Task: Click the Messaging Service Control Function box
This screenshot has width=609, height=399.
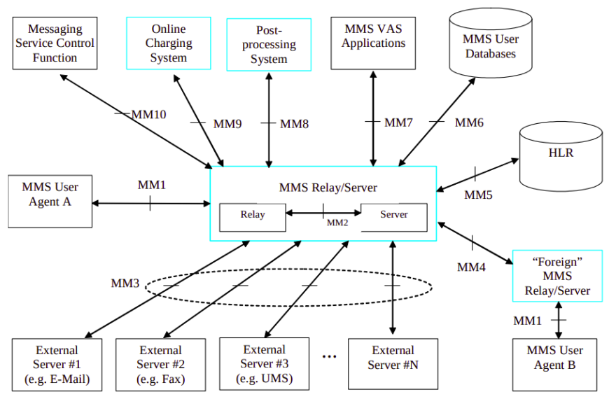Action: (55, 43)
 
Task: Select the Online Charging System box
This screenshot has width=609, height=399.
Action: (168, 43)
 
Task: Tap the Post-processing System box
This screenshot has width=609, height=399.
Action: (268, 45)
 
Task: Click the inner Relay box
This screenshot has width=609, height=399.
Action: (252, 216)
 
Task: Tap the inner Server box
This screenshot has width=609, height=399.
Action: (393, 216)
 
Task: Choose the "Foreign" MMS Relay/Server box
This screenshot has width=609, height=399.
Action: (556, 276)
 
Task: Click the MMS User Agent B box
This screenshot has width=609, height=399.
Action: (554, 364)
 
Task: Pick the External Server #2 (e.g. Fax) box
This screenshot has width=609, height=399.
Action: (160, 365)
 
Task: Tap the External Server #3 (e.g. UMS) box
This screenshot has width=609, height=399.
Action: (265, 363)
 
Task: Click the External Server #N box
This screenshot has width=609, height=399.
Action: (393, 363)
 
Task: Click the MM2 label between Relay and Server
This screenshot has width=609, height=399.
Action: (337, 223)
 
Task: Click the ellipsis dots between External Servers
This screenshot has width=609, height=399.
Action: (329, 357)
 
